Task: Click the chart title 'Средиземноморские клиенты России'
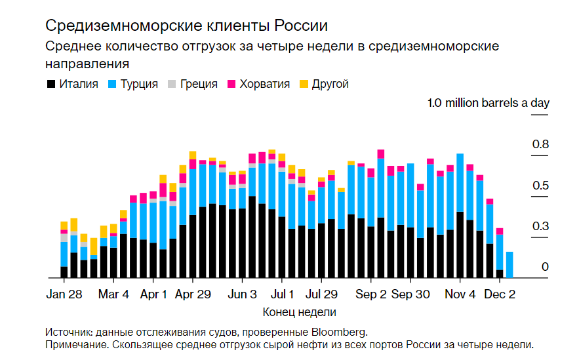tap(186, 26)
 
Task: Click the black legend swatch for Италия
tap(50, 85)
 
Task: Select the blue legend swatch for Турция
tap(112, 85)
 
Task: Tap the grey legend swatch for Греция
tap(172, 85)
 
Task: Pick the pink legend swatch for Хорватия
tap(231, 85)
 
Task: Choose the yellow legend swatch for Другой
tap(304, 85)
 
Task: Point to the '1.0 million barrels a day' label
tap(488, 103)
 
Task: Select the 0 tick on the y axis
tap(544, 267)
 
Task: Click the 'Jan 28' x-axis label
tap(64, 294)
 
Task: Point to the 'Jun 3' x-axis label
tap(243, 294)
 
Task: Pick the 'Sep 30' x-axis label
tap(410, 294)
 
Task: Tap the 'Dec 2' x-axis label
tap(500, 294)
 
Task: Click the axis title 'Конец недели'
tap(299, 312)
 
